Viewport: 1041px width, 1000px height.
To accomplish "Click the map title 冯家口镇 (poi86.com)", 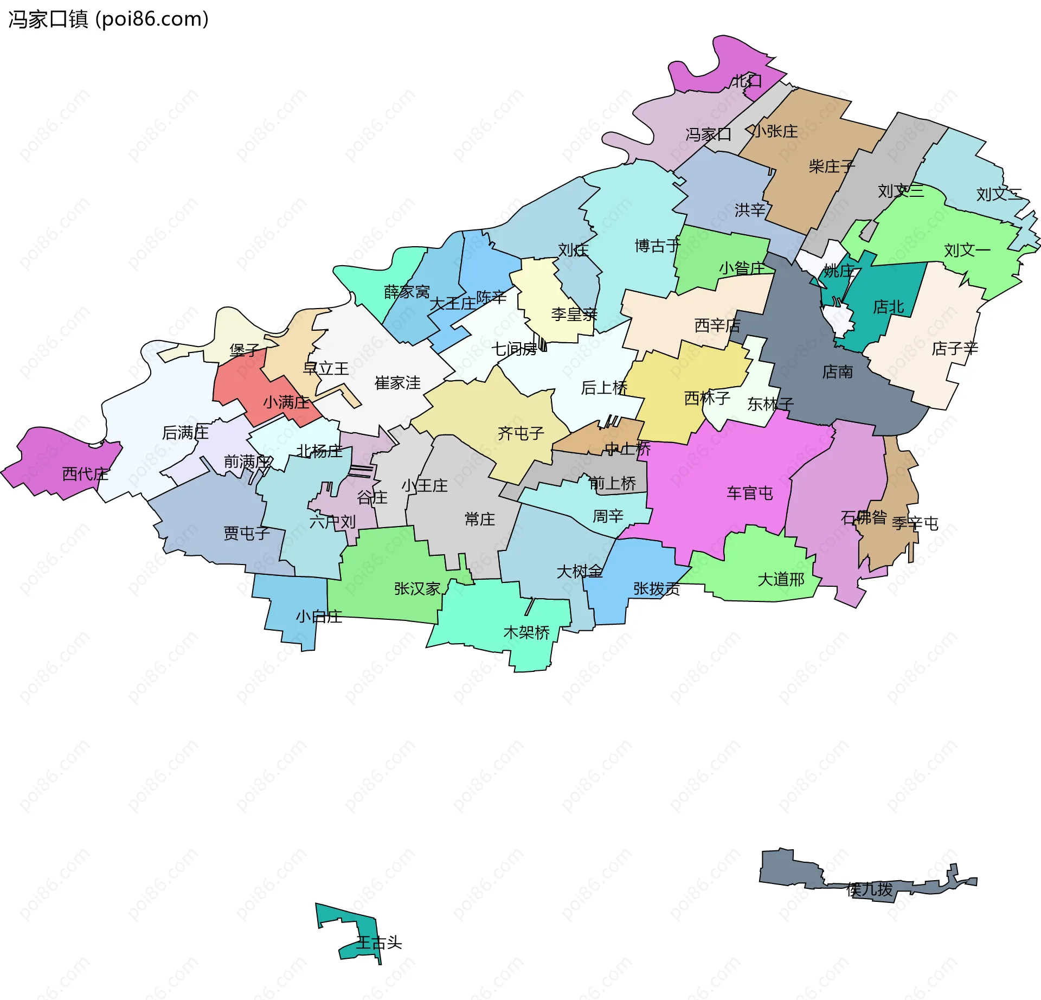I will [108, 20].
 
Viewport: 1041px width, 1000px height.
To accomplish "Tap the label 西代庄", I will [85, 474].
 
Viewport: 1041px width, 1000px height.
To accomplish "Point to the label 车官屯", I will [750, 493].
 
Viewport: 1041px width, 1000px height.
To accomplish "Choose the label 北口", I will [748, 81].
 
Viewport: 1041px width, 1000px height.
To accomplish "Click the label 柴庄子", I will [831, 166].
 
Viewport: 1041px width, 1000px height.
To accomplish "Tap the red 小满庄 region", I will [239, 388].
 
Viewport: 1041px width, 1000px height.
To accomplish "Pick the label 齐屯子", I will [520, 433].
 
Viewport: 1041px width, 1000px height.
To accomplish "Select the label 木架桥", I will [526, 632].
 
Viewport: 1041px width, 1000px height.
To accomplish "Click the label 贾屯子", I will [247, 534].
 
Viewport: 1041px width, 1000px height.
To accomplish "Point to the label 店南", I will [838, 372].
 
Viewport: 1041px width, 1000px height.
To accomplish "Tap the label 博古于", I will [657, 246].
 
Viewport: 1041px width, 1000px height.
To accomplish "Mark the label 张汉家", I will [417, 588].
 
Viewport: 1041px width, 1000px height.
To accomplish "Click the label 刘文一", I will [967, 250].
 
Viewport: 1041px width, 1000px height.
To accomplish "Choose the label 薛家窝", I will [407, 292].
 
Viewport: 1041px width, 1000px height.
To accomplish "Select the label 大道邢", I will [781, 579].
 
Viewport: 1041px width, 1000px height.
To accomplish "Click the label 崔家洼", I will [397, 383].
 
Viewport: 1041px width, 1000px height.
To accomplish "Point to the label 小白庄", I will [319, 617].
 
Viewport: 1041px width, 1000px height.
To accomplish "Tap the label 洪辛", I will [750, 210].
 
